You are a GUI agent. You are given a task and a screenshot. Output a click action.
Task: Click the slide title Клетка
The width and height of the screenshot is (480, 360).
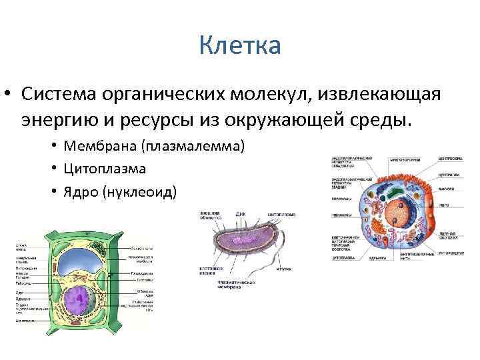240,47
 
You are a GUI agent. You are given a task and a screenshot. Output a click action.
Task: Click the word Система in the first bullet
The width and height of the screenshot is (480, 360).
58,94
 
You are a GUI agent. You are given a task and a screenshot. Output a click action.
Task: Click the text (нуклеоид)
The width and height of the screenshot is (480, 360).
146,193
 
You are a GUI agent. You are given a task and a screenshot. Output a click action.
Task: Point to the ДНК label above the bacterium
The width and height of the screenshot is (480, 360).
241,215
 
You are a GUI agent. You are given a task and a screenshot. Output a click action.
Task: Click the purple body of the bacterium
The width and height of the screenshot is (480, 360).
243,243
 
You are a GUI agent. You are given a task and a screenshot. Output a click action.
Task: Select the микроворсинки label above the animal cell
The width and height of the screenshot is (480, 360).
404,160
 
